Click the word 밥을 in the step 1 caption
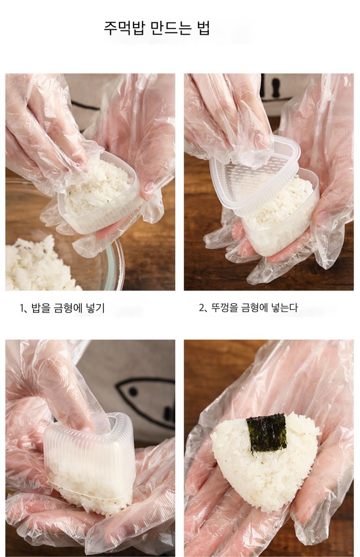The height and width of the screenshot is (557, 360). click(x=41, y=308)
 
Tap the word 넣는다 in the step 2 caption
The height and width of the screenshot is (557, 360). click(x=284, y=308)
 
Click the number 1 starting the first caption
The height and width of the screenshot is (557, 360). click(x=22, y=308)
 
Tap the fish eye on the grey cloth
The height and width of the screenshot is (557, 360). click(x=133, y=392)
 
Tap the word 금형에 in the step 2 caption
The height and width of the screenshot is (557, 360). click(x=255, y=308)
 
